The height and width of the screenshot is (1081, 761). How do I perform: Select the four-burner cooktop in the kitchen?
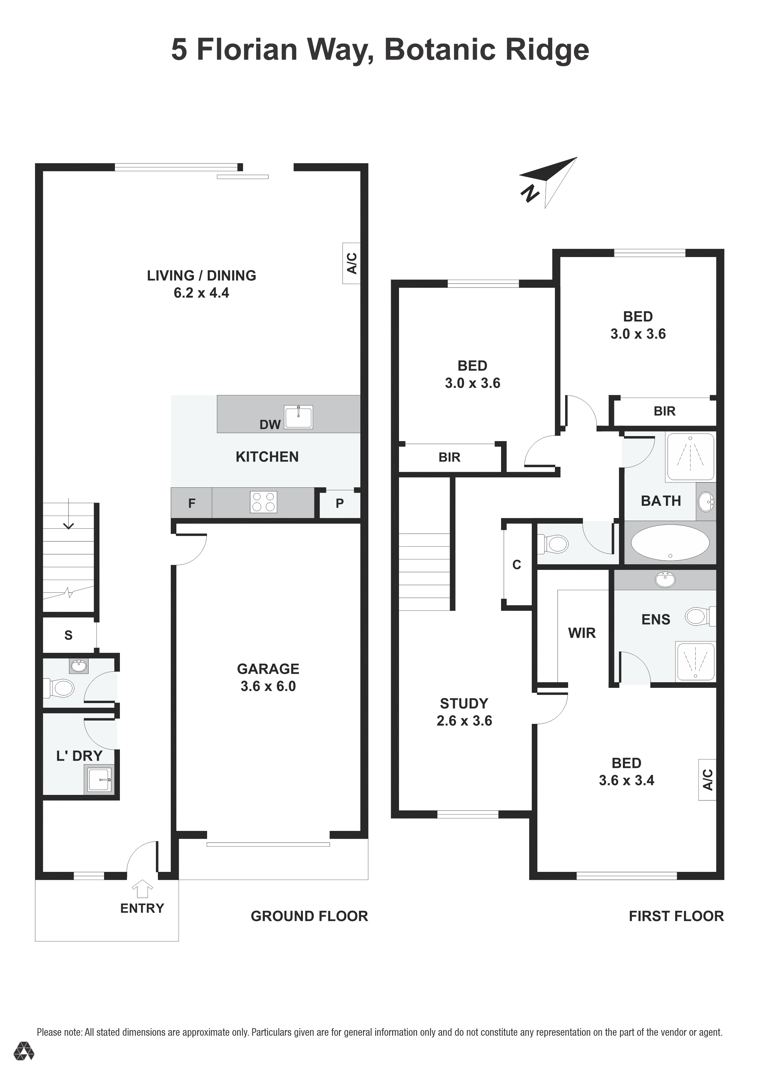(x=264, y=502)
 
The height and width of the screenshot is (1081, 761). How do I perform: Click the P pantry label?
(x=340, y=503)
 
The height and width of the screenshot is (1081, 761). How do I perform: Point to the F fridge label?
(x=192, y=503)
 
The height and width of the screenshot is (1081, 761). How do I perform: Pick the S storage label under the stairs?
(x=68, y=635)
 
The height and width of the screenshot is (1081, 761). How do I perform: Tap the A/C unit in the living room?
(x=351, y=263)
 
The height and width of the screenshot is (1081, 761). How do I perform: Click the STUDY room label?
(x=464, y=703)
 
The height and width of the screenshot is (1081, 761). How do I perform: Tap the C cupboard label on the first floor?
(x=517, y=565)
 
